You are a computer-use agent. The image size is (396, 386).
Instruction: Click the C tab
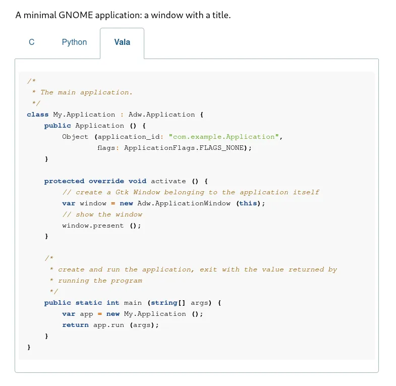32,42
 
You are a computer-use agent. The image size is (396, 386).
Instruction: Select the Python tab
74,42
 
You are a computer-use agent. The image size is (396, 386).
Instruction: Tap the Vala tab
122,42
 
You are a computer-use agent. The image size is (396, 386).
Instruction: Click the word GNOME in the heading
76,15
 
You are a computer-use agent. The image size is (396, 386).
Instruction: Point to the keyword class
38,115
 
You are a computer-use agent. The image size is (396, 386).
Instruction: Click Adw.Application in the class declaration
161,115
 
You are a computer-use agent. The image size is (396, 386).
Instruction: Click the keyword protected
64,181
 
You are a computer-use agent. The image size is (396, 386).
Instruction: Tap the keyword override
106,181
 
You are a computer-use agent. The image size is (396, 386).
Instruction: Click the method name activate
168,181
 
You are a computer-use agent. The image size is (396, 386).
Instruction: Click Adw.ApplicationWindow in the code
184,203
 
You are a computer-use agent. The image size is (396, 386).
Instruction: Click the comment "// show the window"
102,214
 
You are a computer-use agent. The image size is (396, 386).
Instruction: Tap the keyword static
89,303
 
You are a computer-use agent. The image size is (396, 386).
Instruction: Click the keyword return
75,325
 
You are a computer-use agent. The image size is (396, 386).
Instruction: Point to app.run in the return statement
108,325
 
